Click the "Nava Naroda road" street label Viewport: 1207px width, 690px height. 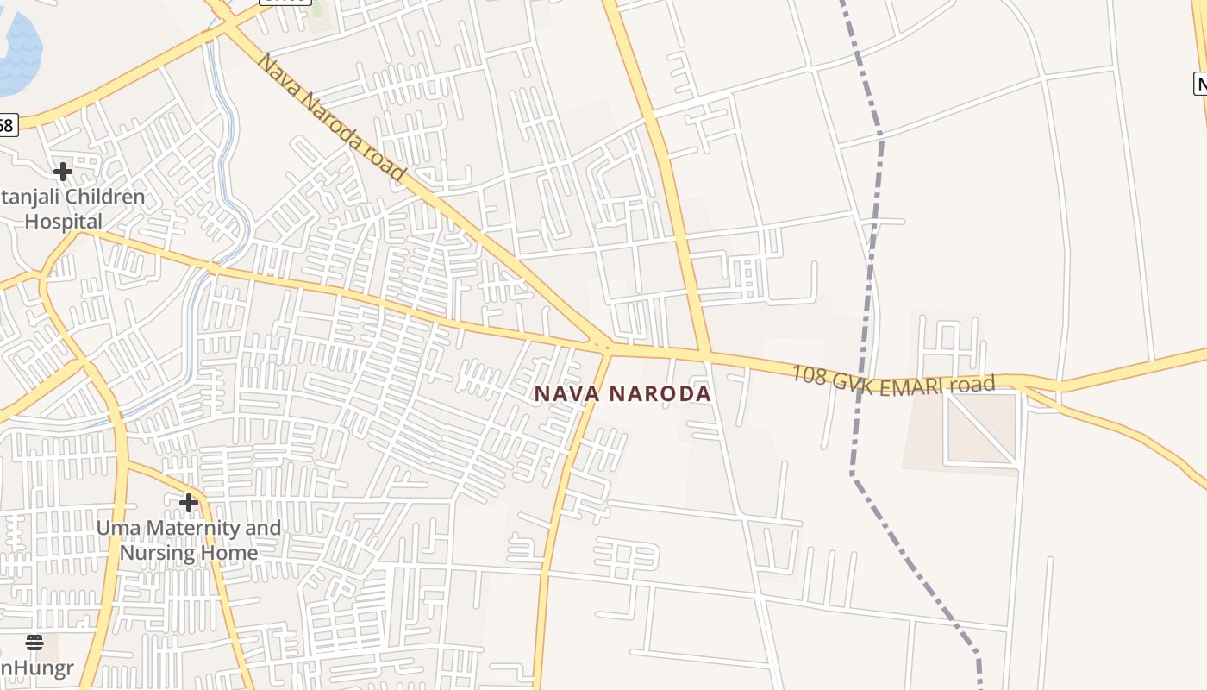pos(332,117)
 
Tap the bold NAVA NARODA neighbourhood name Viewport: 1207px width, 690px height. pos(622,394)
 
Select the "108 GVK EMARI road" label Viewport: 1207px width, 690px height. pos(893,380)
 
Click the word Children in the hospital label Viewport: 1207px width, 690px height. pos(104,198)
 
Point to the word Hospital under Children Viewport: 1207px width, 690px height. pos(63,222)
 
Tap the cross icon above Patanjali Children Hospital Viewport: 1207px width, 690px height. pos(62,171)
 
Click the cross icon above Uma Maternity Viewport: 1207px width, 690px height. pos(188,502)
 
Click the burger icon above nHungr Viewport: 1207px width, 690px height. pos(34,642)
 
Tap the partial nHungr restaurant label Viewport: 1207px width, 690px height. pos(36,668)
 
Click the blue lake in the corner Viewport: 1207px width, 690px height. pos(17,52)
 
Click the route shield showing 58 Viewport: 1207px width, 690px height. pos(7,126)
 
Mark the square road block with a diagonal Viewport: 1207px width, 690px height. pos(982,429)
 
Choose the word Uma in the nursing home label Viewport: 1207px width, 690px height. pos(117,528)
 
